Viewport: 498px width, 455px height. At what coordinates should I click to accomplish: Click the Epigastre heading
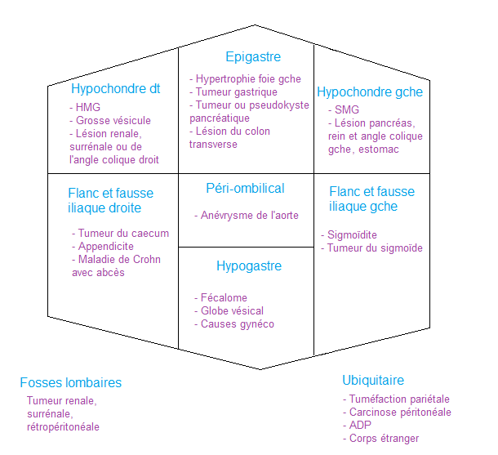253,57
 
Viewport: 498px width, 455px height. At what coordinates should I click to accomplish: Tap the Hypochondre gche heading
370,92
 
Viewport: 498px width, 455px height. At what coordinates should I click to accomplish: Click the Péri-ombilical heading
246,189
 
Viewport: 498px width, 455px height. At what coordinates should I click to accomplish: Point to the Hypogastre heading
249,266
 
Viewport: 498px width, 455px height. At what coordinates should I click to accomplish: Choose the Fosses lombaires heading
71,382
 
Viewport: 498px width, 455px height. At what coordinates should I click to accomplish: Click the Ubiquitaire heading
373,381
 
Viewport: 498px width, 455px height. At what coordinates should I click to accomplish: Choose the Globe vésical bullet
233,311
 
